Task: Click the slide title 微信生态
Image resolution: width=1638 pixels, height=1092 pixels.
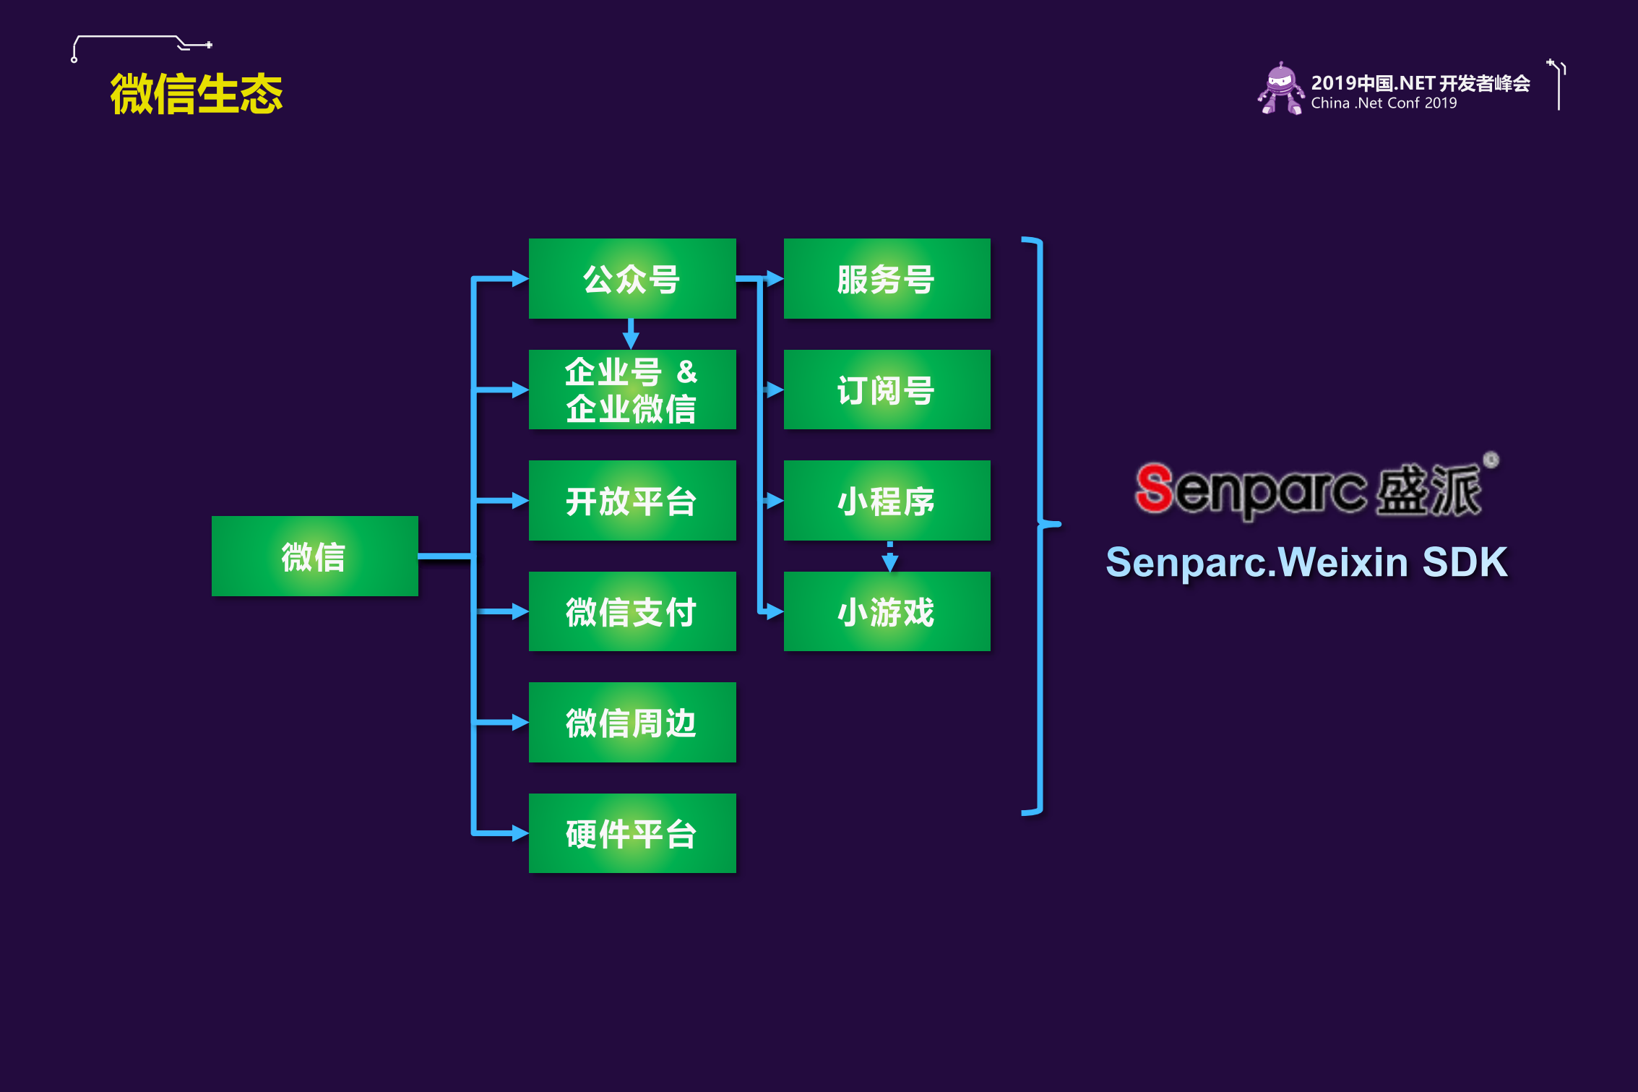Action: click(x=196, y=94)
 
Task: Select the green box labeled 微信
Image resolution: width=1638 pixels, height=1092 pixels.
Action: click(x=314, y=556)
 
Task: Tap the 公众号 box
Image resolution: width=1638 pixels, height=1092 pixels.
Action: click(x=632, y=278)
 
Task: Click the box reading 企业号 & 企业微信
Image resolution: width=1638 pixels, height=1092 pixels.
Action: click(x=632, y=390)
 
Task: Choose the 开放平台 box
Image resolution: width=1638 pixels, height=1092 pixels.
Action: click(x=632, y=500)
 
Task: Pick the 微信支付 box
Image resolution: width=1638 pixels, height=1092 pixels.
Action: click(x=632, y=611)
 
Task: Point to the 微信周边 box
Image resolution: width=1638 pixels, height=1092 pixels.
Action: click(x=632, y=722)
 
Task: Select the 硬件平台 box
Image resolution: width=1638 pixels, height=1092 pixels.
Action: click(x=632, y=833)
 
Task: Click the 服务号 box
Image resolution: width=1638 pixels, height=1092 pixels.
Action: click(x=887, y=278)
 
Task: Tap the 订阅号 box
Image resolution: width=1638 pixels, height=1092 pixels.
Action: click(x=887, y=390)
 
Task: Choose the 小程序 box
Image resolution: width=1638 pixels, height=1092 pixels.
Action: click(x=887, y=500)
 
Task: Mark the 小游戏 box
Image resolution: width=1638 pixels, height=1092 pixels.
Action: click(x=887, y=611)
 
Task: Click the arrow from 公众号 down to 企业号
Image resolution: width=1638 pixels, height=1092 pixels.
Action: click(x=631, y=334)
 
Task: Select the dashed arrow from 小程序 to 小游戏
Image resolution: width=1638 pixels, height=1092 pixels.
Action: click(x=889, y=556)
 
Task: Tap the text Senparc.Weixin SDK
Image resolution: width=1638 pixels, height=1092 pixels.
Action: click(x=1306, y=562)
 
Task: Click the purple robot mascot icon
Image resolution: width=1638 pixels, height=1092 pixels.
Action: click(x=1280, y=89)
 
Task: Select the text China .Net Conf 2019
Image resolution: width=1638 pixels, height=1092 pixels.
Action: click(x=1384, y=103)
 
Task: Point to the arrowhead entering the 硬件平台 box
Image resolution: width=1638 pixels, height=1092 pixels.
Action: click(x=519, y=833)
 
